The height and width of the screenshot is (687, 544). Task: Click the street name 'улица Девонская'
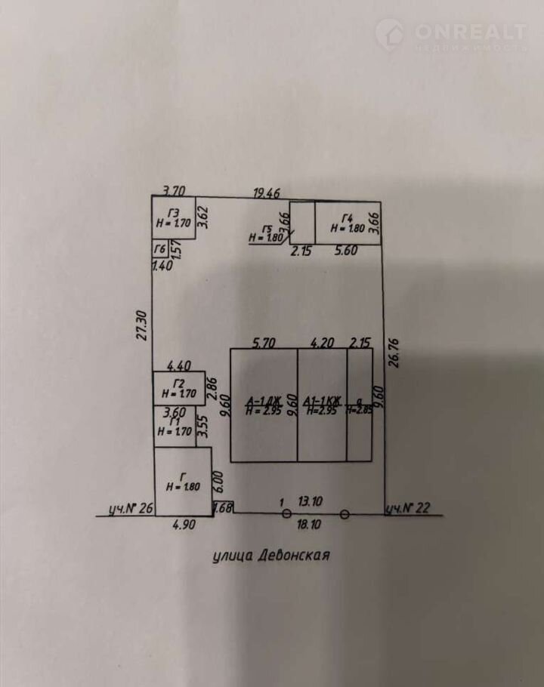pyautogui.click(x=272, y=556)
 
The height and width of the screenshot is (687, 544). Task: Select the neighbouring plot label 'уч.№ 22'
pyautogui.click(x=407, y=509)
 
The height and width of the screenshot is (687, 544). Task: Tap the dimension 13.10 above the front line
pyautogui.click(x=311, y=501)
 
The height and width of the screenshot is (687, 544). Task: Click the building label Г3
pyautogui.click(x=175, y=212)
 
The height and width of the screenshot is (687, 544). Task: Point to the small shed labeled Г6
pyautogui.click(x=159, y=250)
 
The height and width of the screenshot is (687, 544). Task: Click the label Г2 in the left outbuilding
pyautogui.click(x=178, y=382)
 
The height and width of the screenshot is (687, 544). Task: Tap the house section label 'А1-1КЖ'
pyautogui.click(x=323, y=400)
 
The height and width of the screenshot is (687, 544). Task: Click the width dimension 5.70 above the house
pyautogui.click(x=263, y=343)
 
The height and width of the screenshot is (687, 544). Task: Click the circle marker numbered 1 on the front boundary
pyautogui.click(x=286, y=514)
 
